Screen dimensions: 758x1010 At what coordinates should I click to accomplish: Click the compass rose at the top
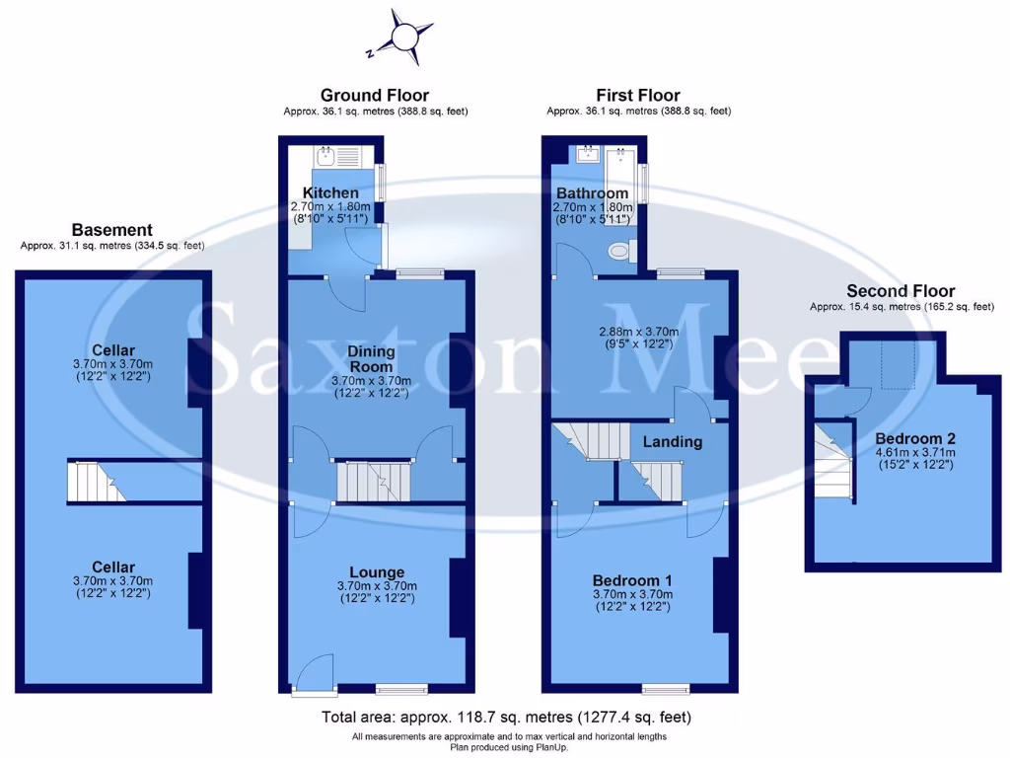[x=404, y=36]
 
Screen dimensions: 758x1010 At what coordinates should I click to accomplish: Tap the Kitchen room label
[x=330, y=191]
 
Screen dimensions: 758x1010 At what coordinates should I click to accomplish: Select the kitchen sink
[x=325, y=156]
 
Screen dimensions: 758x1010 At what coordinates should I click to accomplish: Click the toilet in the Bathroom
[x=618, y=251]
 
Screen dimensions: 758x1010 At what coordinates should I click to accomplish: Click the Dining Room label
[x=371, y=358]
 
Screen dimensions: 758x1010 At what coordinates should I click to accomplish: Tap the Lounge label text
[x=377, y=572]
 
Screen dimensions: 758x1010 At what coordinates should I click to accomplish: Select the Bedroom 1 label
[x=632, y=580]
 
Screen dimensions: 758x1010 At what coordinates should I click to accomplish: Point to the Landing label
[x=673, y=441]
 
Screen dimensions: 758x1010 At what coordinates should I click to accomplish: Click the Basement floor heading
[x=111, y=230]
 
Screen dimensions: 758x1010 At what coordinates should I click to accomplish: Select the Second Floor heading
[x=901, y=291]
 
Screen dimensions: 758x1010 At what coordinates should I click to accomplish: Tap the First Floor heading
[x=638, y=96]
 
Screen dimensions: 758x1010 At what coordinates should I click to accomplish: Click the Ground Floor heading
[x=375, y=96]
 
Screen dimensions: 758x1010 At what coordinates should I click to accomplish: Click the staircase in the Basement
[x=96, y=483]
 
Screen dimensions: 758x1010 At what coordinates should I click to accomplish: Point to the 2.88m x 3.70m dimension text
[x=638, y=332]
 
